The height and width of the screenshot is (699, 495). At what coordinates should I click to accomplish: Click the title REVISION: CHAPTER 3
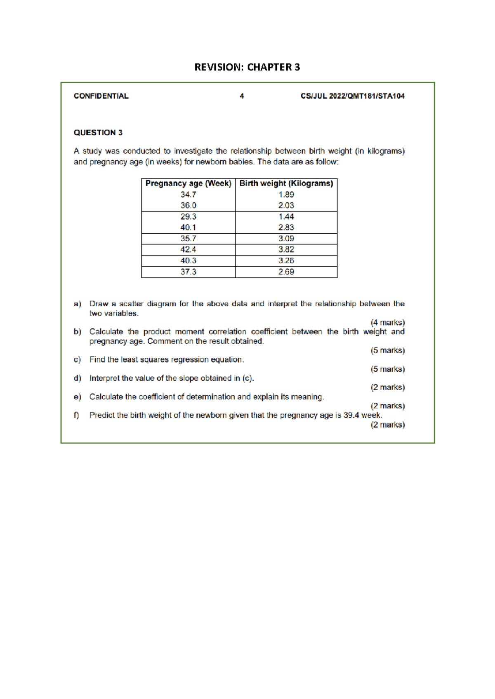tap(247, 67)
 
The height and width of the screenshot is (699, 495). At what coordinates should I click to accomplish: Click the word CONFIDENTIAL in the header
tap(101, 96)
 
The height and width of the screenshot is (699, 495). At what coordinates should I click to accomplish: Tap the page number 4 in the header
tap(242, 96)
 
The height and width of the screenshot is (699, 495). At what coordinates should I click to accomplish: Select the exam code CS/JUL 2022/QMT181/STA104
tap(352, 96)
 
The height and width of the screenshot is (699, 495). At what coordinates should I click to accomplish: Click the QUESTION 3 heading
tap(98, 133)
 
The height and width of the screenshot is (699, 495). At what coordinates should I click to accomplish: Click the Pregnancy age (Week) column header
tap(189, 183)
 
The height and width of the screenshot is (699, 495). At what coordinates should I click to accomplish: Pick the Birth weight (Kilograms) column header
tap(286, 183)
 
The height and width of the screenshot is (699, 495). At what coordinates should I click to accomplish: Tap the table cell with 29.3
tap(189, 217)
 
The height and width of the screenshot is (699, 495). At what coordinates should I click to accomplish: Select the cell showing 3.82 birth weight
tap(286, 250)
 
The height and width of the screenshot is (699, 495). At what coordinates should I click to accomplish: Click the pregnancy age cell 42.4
tap(189, 250)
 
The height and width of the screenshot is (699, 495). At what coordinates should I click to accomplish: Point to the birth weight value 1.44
tap(286, 217)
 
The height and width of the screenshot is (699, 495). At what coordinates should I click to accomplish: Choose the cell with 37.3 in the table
tap(189, 272)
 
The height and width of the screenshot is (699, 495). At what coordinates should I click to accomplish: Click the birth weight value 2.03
tap(286, 206)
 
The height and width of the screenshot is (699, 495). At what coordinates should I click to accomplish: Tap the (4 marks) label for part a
tap(387, 322)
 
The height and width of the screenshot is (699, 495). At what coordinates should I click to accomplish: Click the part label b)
tap(78, 332)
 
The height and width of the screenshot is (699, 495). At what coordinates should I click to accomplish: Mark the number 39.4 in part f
tap(351, 415)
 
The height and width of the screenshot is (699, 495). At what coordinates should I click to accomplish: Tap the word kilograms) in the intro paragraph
tap(386, 151)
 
